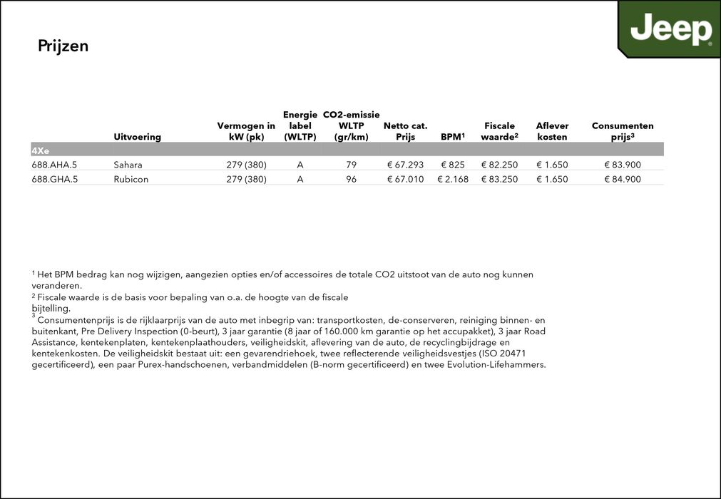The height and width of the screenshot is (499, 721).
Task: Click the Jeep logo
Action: (x=670, y=30)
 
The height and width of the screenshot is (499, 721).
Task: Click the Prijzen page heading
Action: (x=63, y=46)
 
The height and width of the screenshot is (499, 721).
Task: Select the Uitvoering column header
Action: (x=137, y=136)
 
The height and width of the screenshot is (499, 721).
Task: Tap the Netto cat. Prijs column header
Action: (x=405, y=131)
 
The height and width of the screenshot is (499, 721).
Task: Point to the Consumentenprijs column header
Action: (x=623, y=131)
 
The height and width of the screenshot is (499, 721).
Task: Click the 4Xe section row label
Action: (x=41, y=150)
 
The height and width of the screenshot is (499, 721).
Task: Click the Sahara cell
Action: (x=128, y=165)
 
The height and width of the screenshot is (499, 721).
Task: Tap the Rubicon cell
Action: (x=131, y=179)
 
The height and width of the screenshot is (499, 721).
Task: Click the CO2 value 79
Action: (x=351, y=165)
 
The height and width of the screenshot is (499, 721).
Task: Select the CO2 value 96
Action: (x=351, y=179)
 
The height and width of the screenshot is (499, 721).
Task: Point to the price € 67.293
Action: (x=405, y=165)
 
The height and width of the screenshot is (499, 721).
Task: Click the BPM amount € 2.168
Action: (x=453, y=179)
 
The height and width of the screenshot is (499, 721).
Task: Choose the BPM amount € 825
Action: (x=453, y=165)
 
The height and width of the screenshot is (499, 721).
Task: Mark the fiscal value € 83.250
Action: (x=499, y=179)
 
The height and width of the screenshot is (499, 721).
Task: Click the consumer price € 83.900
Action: (x=623, y=165)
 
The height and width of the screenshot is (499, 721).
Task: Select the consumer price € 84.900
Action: (x=623, y=179)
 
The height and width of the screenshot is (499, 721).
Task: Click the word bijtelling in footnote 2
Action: (x=51, y=309)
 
